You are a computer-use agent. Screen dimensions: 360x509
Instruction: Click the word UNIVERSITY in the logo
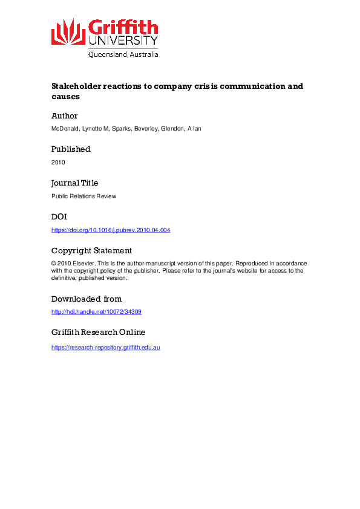[123, 41]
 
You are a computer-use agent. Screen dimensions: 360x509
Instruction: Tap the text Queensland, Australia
[123, 54]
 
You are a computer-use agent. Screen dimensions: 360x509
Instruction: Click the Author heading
[64, 115]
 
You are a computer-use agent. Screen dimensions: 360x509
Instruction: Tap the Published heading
[71, 149]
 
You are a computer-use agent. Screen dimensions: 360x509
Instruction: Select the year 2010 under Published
[58, 163]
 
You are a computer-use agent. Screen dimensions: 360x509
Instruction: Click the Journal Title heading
[74, 183]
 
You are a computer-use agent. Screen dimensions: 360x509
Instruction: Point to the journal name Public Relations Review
[83, 196]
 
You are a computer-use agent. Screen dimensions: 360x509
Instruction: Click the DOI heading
[59, 216]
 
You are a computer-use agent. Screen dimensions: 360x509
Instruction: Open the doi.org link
[111, 230]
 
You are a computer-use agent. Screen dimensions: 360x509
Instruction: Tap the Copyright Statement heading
[91, 250]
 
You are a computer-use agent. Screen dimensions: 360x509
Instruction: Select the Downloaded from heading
[87, 299]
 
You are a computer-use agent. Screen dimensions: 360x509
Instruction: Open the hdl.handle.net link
[96, 312]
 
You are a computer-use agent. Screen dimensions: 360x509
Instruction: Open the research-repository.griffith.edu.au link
[105, 347]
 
